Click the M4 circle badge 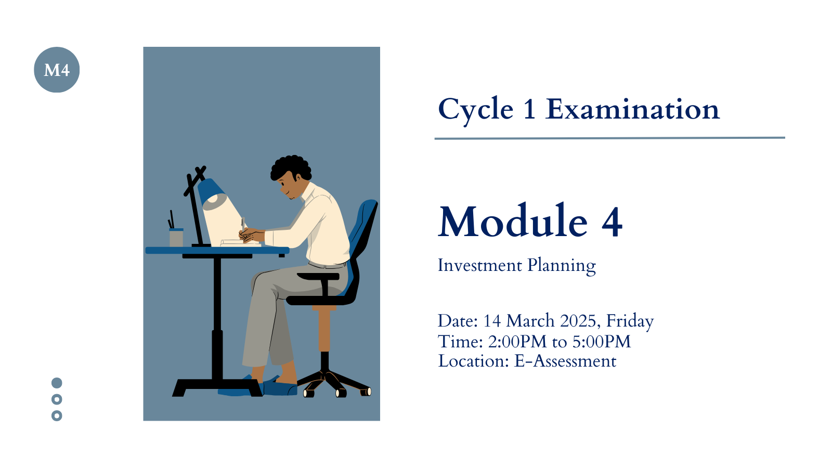[x=57, y=70]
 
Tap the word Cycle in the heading [x=476, y=110]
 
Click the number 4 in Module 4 [x=612, y=222]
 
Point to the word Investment [x=480, y=265]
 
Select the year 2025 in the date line [x=578, y=321]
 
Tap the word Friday [x=630, y=322]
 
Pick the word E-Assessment [x=565, y=361]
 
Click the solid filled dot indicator [x=57, y=383]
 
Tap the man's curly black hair [x=291, y=167]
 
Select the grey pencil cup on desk [x=176, y=238]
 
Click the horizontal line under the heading [x=609, y=138]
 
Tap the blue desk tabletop [x=217, y=251]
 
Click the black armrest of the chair [x=318, y=277]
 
